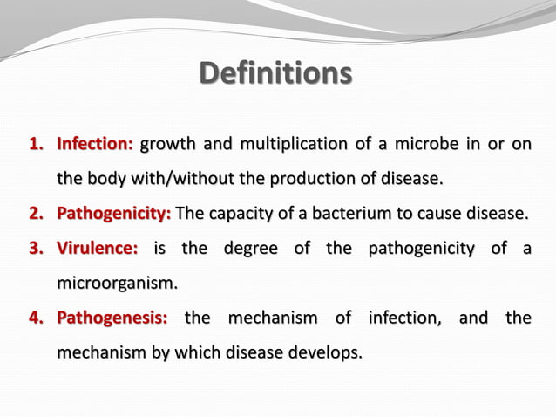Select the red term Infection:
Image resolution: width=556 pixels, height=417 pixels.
click(95, 144)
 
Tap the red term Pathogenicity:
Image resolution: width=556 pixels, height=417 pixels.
click(114, 214)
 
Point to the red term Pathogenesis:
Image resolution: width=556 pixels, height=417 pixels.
click(112, 318)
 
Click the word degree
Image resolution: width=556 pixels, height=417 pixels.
click(250, 250)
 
